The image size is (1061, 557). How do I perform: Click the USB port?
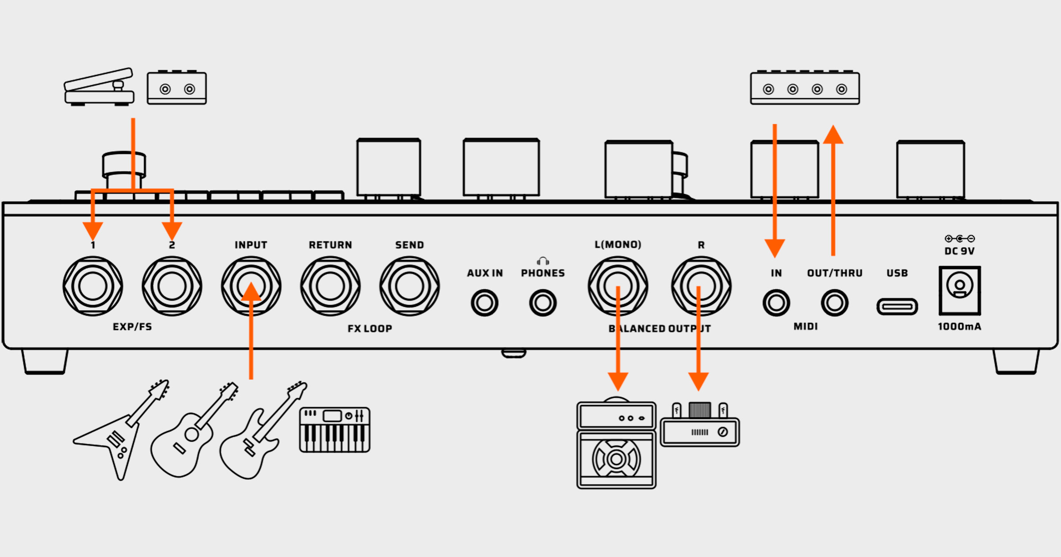coord(897,306)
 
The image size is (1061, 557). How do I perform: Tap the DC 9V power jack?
coord(960,290)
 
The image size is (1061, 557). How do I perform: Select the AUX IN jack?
coord(485,303)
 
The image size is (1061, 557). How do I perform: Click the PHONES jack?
coord(543,303)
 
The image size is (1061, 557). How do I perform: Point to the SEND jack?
coord(409,286)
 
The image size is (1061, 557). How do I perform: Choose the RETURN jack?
coord(330,286)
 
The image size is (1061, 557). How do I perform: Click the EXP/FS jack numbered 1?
coord(92,286)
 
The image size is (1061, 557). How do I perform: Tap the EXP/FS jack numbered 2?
coord(172,286)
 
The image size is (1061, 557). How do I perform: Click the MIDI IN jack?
coord(776,303)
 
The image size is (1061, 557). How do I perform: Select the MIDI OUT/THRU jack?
coord(835,303)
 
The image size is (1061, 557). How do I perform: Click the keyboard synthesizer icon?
coord(335,430)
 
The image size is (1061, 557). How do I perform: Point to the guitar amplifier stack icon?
coord(616,445)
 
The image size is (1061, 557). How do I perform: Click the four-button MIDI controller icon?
coord(805,88)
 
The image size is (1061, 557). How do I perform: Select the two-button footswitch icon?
coord(177,88)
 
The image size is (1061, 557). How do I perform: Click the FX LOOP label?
coord(370,328)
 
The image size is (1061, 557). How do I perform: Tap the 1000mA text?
coord(959,327)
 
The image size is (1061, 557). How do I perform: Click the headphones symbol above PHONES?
coord(543,261)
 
